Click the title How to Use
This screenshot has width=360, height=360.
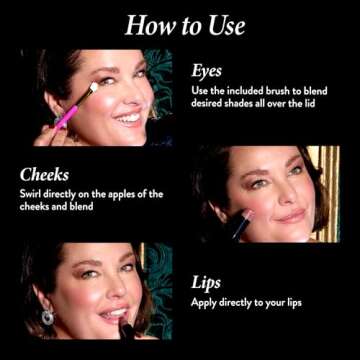[180, 25]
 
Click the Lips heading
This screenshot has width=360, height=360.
[206, 283]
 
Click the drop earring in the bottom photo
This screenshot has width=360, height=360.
[47, 316]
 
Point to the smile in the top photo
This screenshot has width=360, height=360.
[127, 117]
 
